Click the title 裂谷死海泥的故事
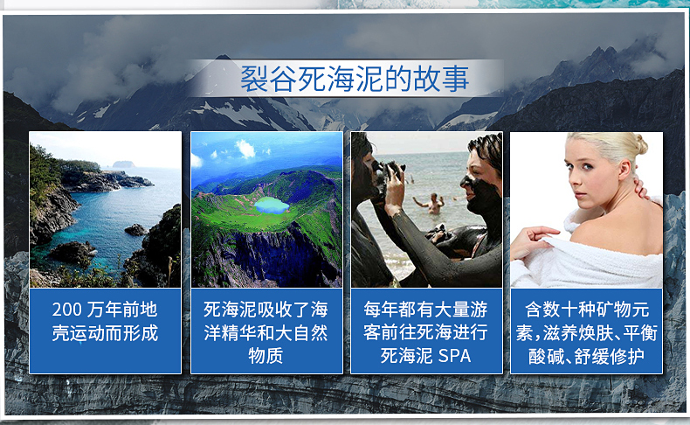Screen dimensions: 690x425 pos(355,79)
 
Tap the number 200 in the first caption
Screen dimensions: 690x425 pos(66,310)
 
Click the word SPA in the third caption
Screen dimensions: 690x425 pos(454,356)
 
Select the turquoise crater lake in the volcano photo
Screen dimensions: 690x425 pos(272,206)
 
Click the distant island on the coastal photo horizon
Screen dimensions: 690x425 pos(123,164)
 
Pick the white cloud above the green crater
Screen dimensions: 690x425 pos(246,149)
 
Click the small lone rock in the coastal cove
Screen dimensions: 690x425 pos(135,229)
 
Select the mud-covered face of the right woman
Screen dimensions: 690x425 pos(478,185)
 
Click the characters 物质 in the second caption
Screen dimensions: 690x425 pos(266,356)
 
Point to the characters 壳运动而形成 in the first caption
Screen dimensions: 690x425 pos(105,333)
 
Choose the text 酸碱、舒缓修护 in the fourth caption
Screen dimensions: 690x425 pos(587,356)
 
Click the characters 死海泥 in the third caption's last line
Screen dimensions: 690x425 pos(407,356)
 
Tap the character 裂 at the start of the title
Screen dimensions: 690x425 pos(253,80)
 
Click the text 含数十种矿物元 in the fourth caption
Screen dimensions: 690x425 pos(587,310)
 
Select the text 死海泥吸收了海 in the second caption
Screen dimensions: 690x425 pos(266,310)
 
